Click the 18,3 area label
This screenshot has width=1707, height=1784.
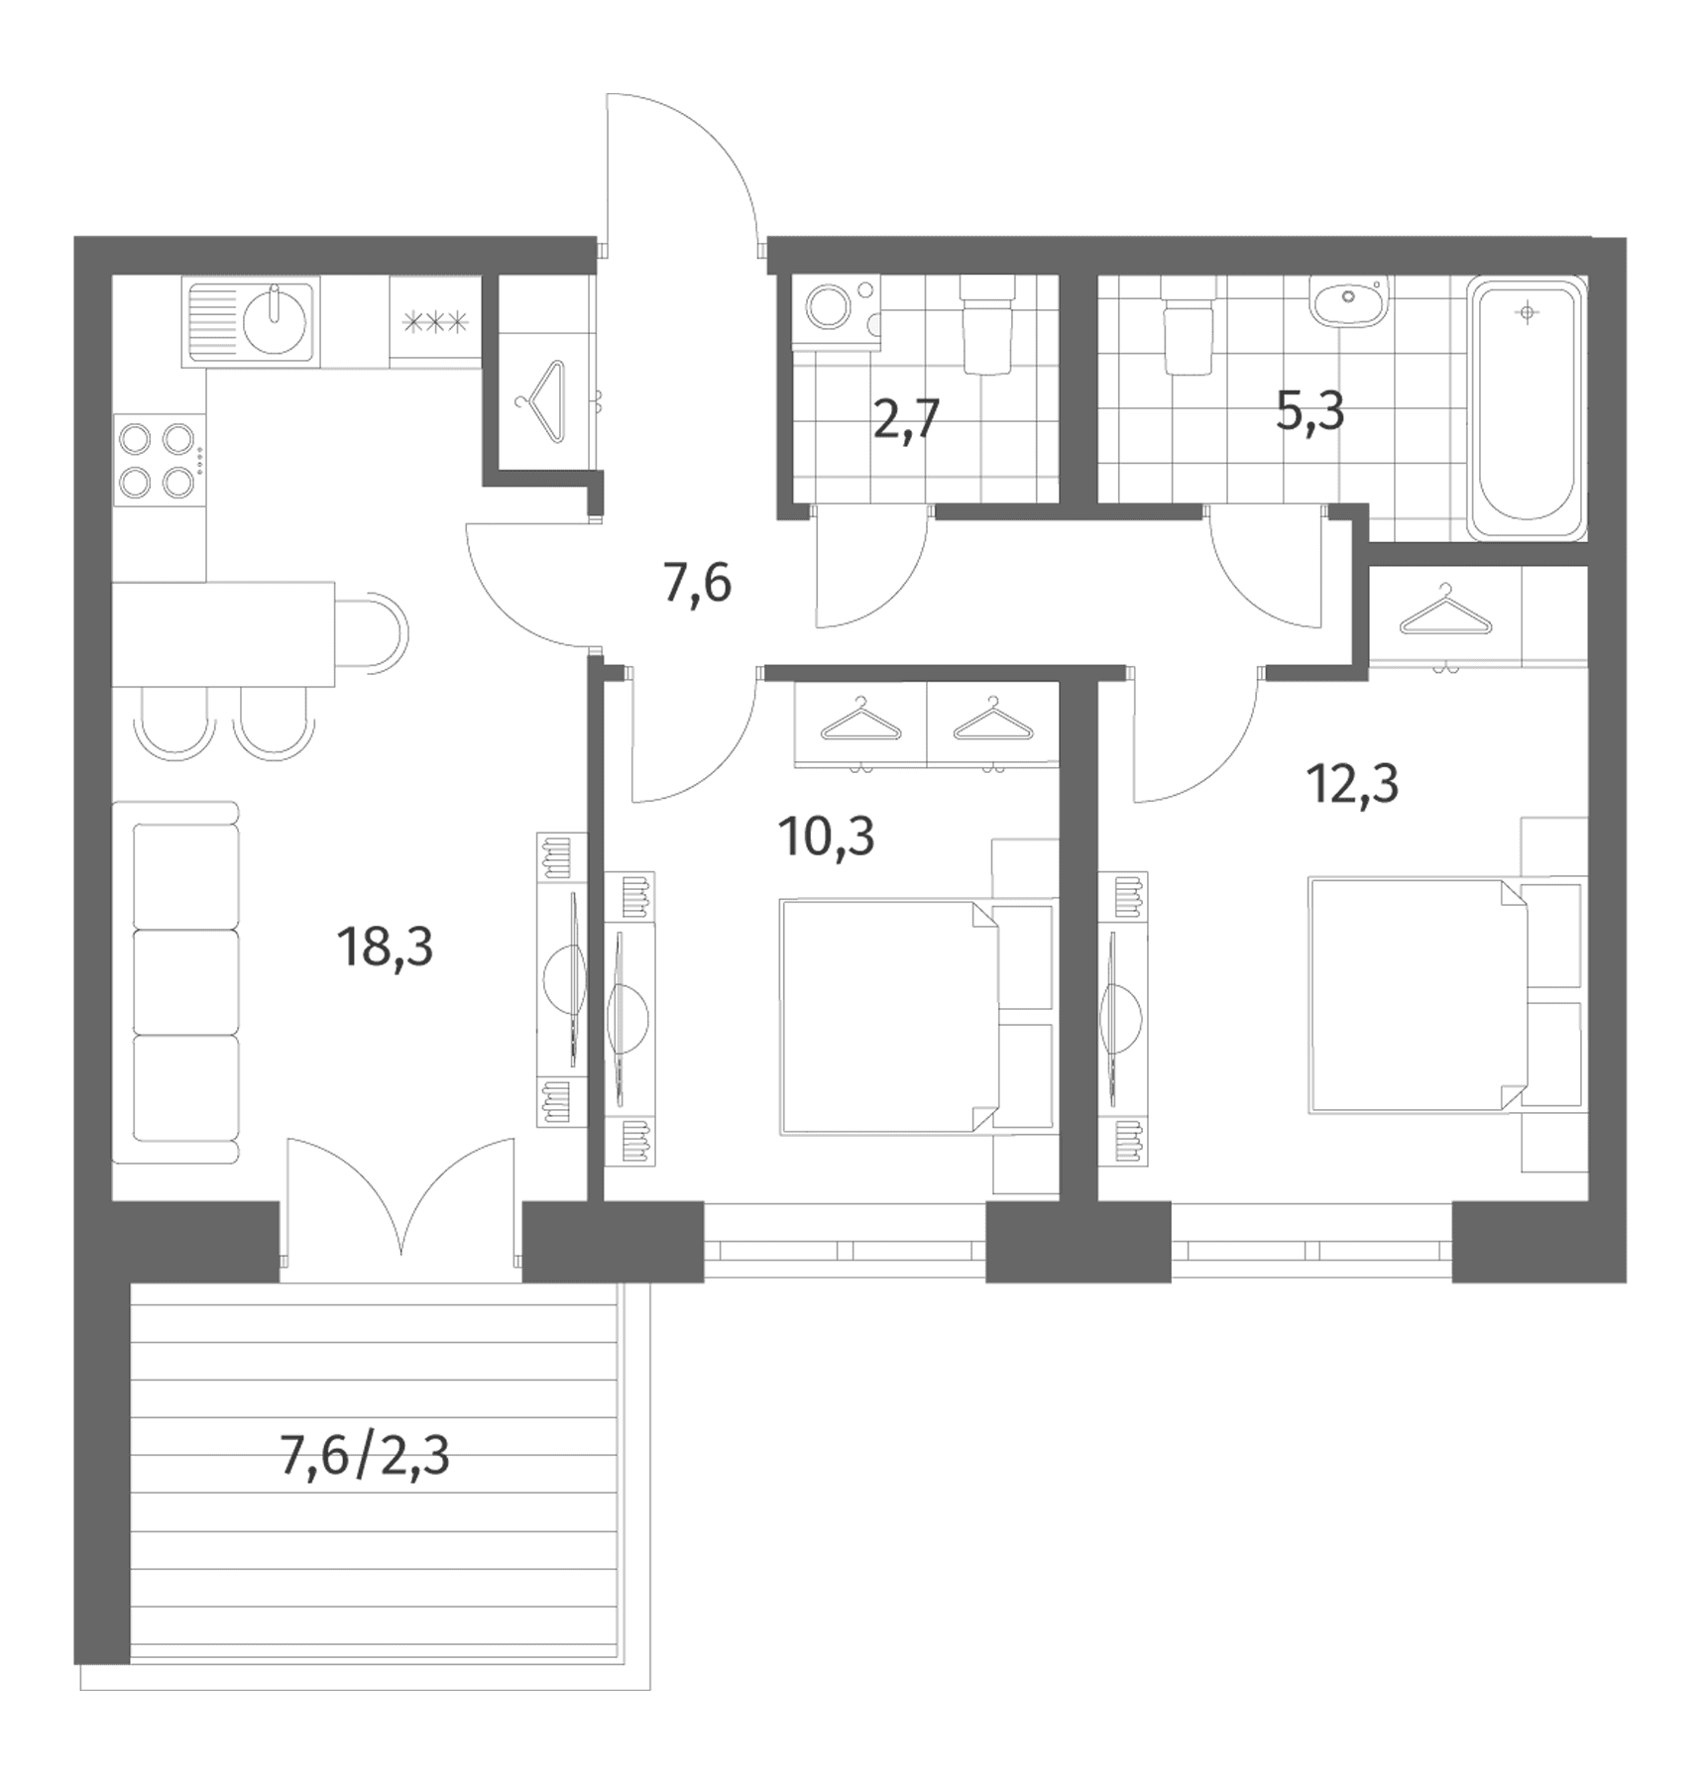pos(385,947)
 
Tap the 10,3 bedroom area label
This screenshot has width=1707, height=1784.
pos(826,836)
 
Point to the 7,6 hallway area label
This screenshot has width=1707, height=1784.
pos(697,583)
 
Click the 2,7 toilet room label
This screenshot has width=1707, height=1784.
pos(906,418)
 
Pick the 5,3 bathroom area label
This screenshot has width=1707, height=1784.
pos(1309,409)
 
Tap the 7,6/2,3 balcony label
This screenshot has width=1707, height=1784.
pos(365,1456)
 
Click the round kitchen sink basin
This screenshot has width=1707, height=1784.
pos(275,318)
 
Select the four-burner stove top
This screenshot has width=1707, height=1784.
pos(160,459)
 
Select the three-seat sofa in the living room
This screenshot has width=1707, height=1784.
pos(176,982)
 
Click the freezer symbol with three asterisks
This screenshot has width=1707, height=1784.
pos(435,321)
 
